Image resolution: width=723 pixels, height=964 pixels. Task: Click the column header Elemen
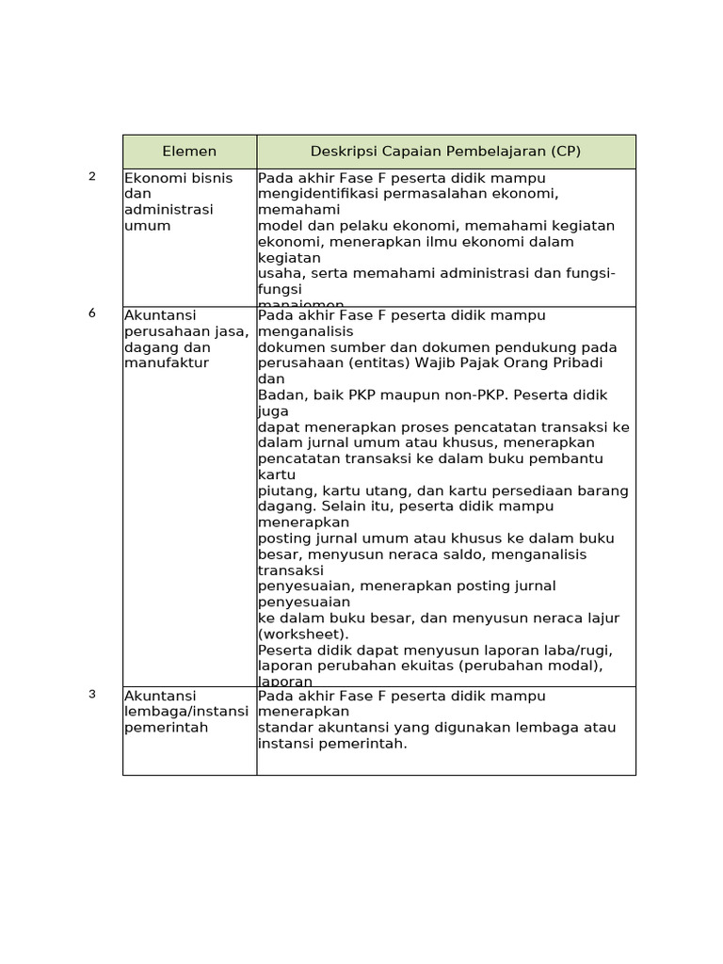189,151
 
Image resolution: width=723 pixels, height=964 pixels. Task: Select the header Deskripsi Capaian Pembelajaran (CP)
445,151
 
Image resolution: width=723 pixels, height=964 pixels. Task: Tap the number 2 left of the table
92,176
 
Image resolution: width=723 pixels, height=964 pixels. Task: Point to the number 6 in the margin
92,313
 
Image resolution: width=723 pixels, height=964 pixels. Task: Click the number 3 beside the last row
92,695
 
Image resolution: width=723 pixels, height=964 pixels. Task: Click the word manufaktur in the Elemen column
167,362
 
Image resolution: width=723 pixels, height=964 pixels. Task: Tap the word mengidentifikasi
314,194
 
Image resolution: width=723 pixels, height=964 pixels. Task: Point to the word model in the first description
279,226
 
